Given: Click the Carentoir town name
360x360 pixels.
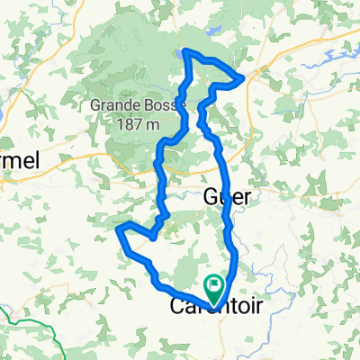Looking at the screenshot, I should [x=217, y=307].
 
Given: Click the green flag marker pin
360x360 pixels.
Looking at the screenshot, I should [x=215, y=288].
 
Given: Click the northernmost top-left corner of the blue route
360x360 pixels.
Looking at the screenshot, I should [x=184, y=50].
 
